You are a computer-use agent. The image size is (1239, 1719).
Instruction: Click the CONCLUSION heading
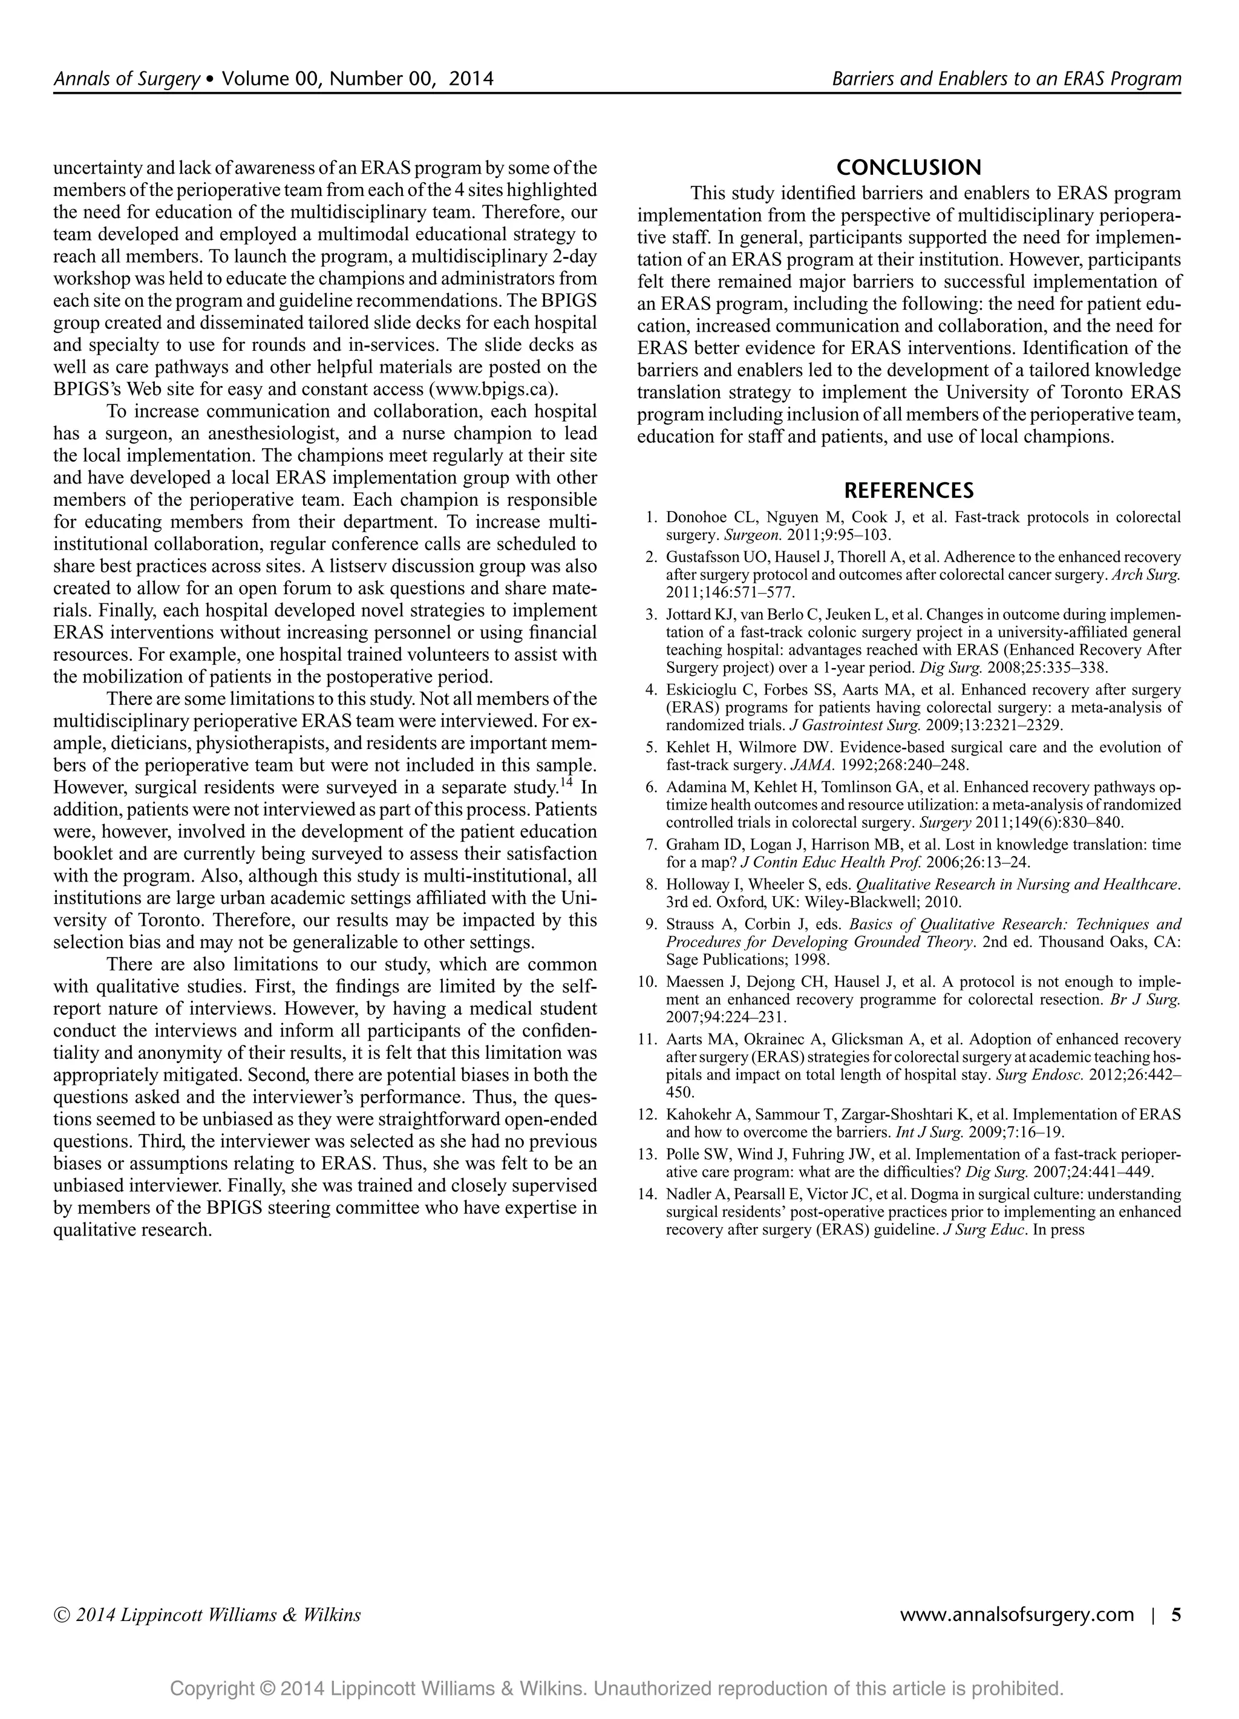click(x=909, y=167)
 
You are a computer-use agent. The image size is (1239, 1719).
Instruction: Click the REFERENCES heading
click(x=909, y=490)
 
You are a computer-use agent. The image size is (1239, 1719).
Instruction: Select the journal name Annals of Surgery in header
click(x=126, y=79)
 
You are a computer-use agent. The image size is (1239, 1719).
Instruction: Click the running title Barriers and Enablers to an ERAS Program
click(x=1006, y=79)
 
